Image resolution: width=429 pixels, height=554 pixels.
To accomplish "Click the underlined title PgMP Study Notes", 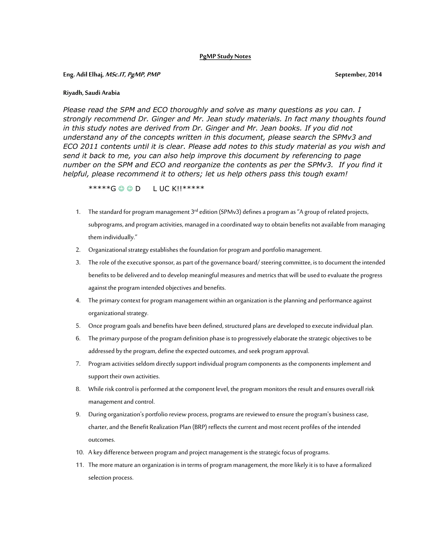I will point(225,56).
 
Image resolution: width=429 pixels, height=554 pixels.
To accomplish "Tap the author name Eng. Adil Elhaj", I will point(83,75).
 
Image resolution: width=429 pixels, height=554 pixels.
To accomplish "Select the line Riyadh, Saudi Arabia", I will point(91,93).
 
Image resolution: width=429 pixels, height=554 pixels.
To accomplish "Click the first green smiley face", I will point(121,189).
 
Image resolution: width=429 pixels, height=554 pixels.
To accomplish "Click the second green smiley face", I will point(130,189).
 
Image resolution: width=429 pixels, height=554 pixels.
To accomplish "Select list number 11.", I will point(80,465).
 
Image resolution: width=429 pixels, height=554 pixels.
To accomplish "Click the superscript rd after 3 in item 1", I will point(196,210).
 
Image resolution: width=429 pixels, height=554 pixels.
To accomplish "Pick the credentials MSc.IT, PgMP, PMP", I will point(133,75).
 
